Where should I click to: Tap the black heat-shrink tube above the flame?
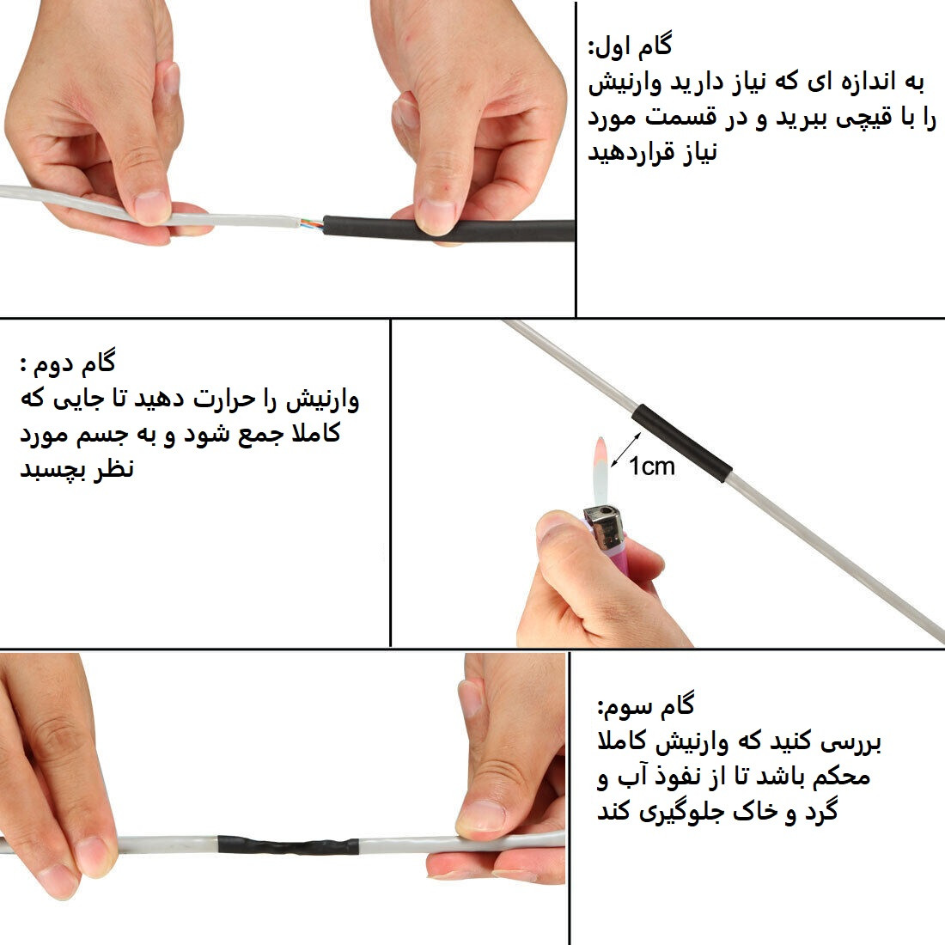tap(682, 442)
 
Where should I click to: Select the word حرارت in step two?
tap(210, 400)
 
